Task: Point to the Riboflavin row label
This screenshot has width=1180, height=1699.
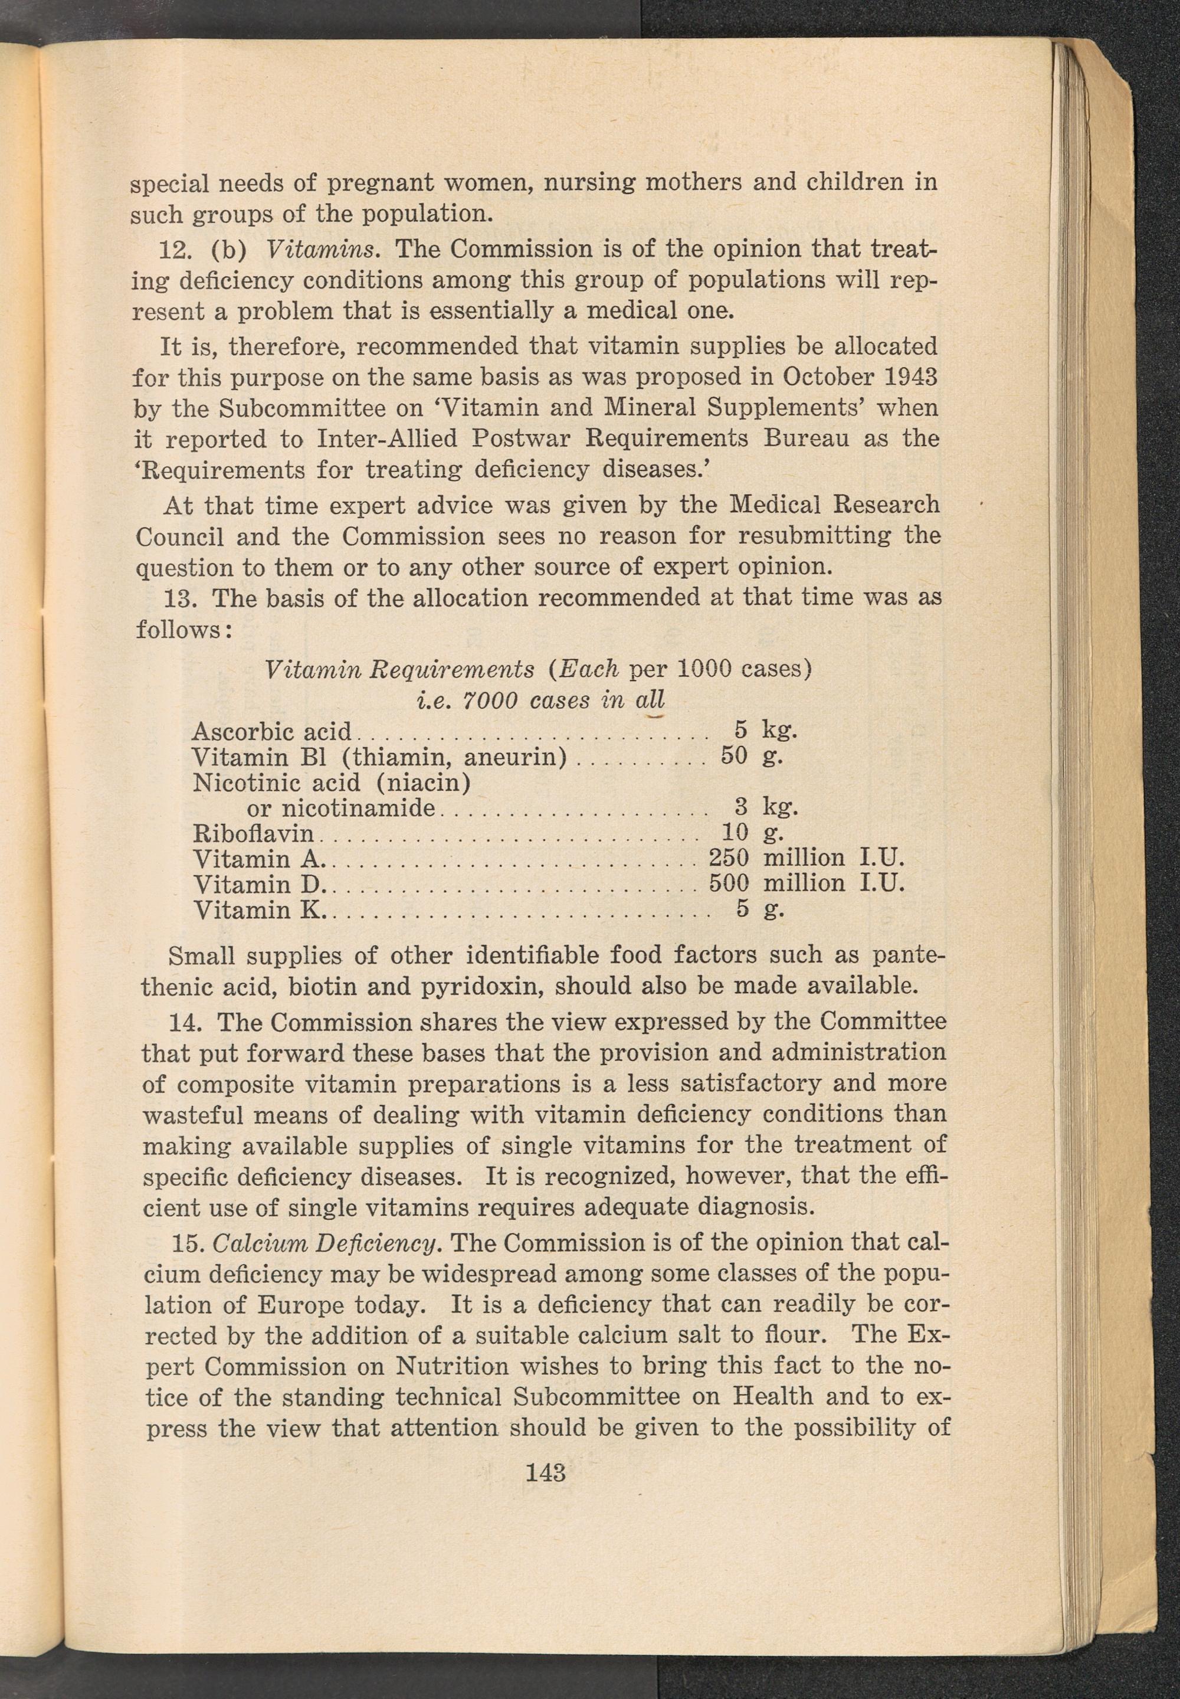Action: tap(254, 834)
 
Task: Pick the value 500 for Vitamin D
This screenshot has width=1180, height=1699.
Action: tap(729, 883)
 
